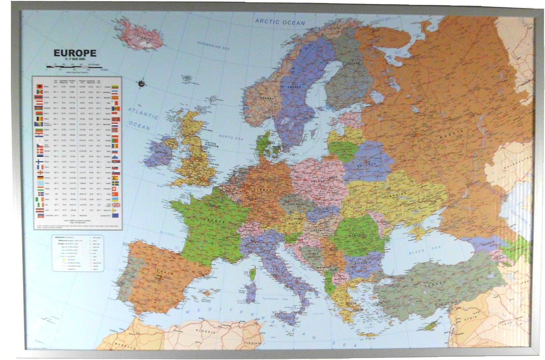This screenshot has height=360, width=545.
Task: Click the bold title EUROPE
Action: point(75,53)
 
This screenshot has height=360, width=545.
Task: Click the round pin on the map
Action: point(141,83)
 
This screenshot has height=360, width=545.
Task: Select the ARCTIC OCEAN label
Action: point(280,21)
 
